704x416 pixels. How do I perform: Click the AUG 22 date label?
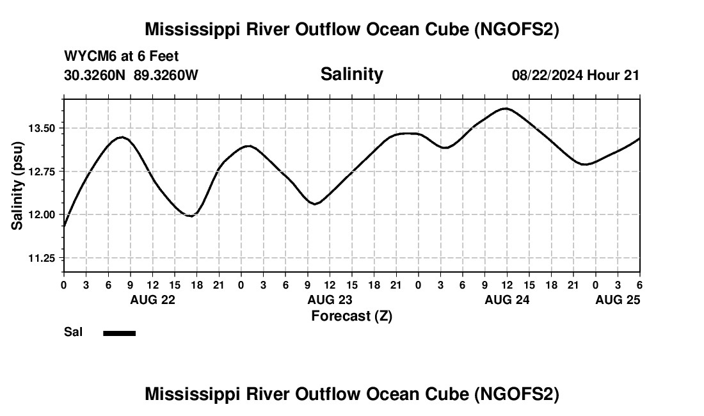(x=153, y=300)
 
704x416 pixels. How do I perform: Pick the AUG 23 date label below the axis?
(x=330, y=300)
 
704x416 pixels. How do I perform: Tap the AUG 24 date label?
(x=507, y=300)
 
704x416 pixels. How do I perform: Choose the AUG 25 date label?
(x=618, y=300)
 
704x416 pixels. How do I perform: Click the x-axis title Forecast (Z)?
(x=351, y=316)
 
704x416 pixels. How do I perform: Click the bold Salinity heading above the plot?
(x=351, y=74)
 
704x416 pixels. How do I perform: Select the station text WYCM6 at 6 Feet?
(x=122, y=56)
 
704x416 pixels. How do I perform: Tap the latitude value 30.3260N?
(x=95, y=76)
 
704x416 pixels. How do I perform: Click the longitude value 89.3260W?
(x=166, y=76)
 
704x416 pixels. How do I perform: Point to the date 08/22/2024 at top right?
(x=547, y=76)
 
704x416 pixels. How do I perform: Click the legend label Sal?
(x=74, y=332)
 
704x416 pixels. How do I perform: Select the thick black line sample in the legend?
(x=119, y=333)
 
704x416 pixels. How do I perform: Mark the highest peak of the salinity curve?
(x=506, y=108)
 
